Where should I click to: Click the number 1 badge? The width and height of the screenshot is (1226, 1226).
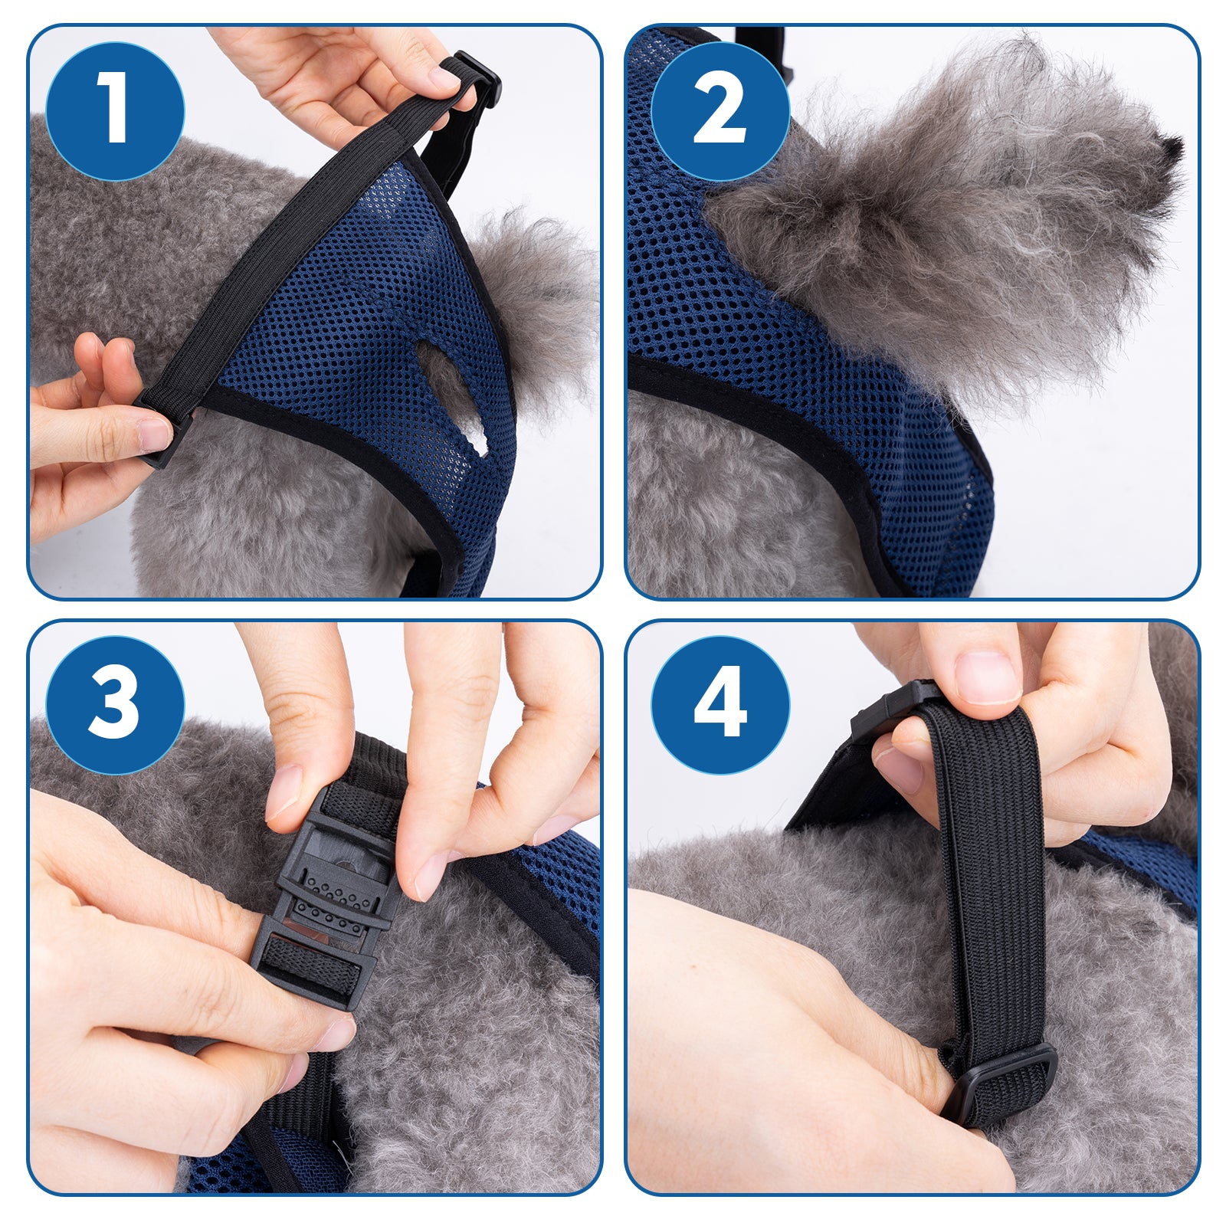click(x=115, y=111)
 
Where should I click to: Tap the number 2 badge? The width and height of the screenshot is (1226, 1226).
click(x=720, y=111)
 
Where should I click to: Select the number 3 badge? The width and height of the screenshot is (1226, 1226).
click(x=115, y=705)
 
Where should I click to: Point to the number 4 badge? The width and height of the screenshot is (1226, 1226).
click(x=720, y=705)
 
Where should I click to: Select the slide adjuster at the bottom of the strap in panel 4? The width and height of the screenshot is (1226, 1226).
click(x=1000, y=1084)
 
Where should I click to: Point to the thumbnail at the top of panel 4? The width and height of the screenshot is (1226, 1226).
click(x=987, y=677)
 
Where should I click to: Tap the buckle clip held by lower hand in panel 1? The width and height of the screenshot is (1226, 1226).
click(x=162, y=429)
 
